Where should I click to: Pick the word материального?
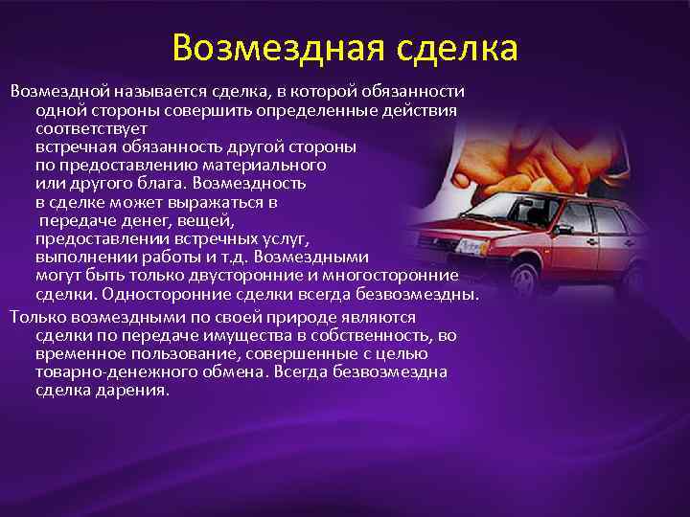point(246,164)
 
